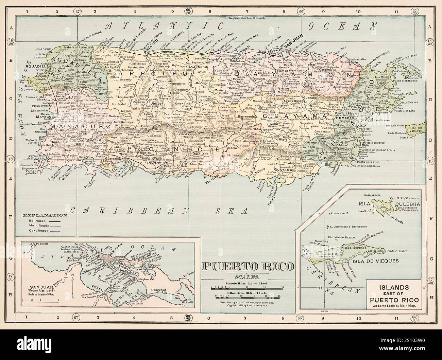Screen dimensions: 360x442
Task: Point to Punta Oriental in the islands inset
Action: (398, 251)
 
